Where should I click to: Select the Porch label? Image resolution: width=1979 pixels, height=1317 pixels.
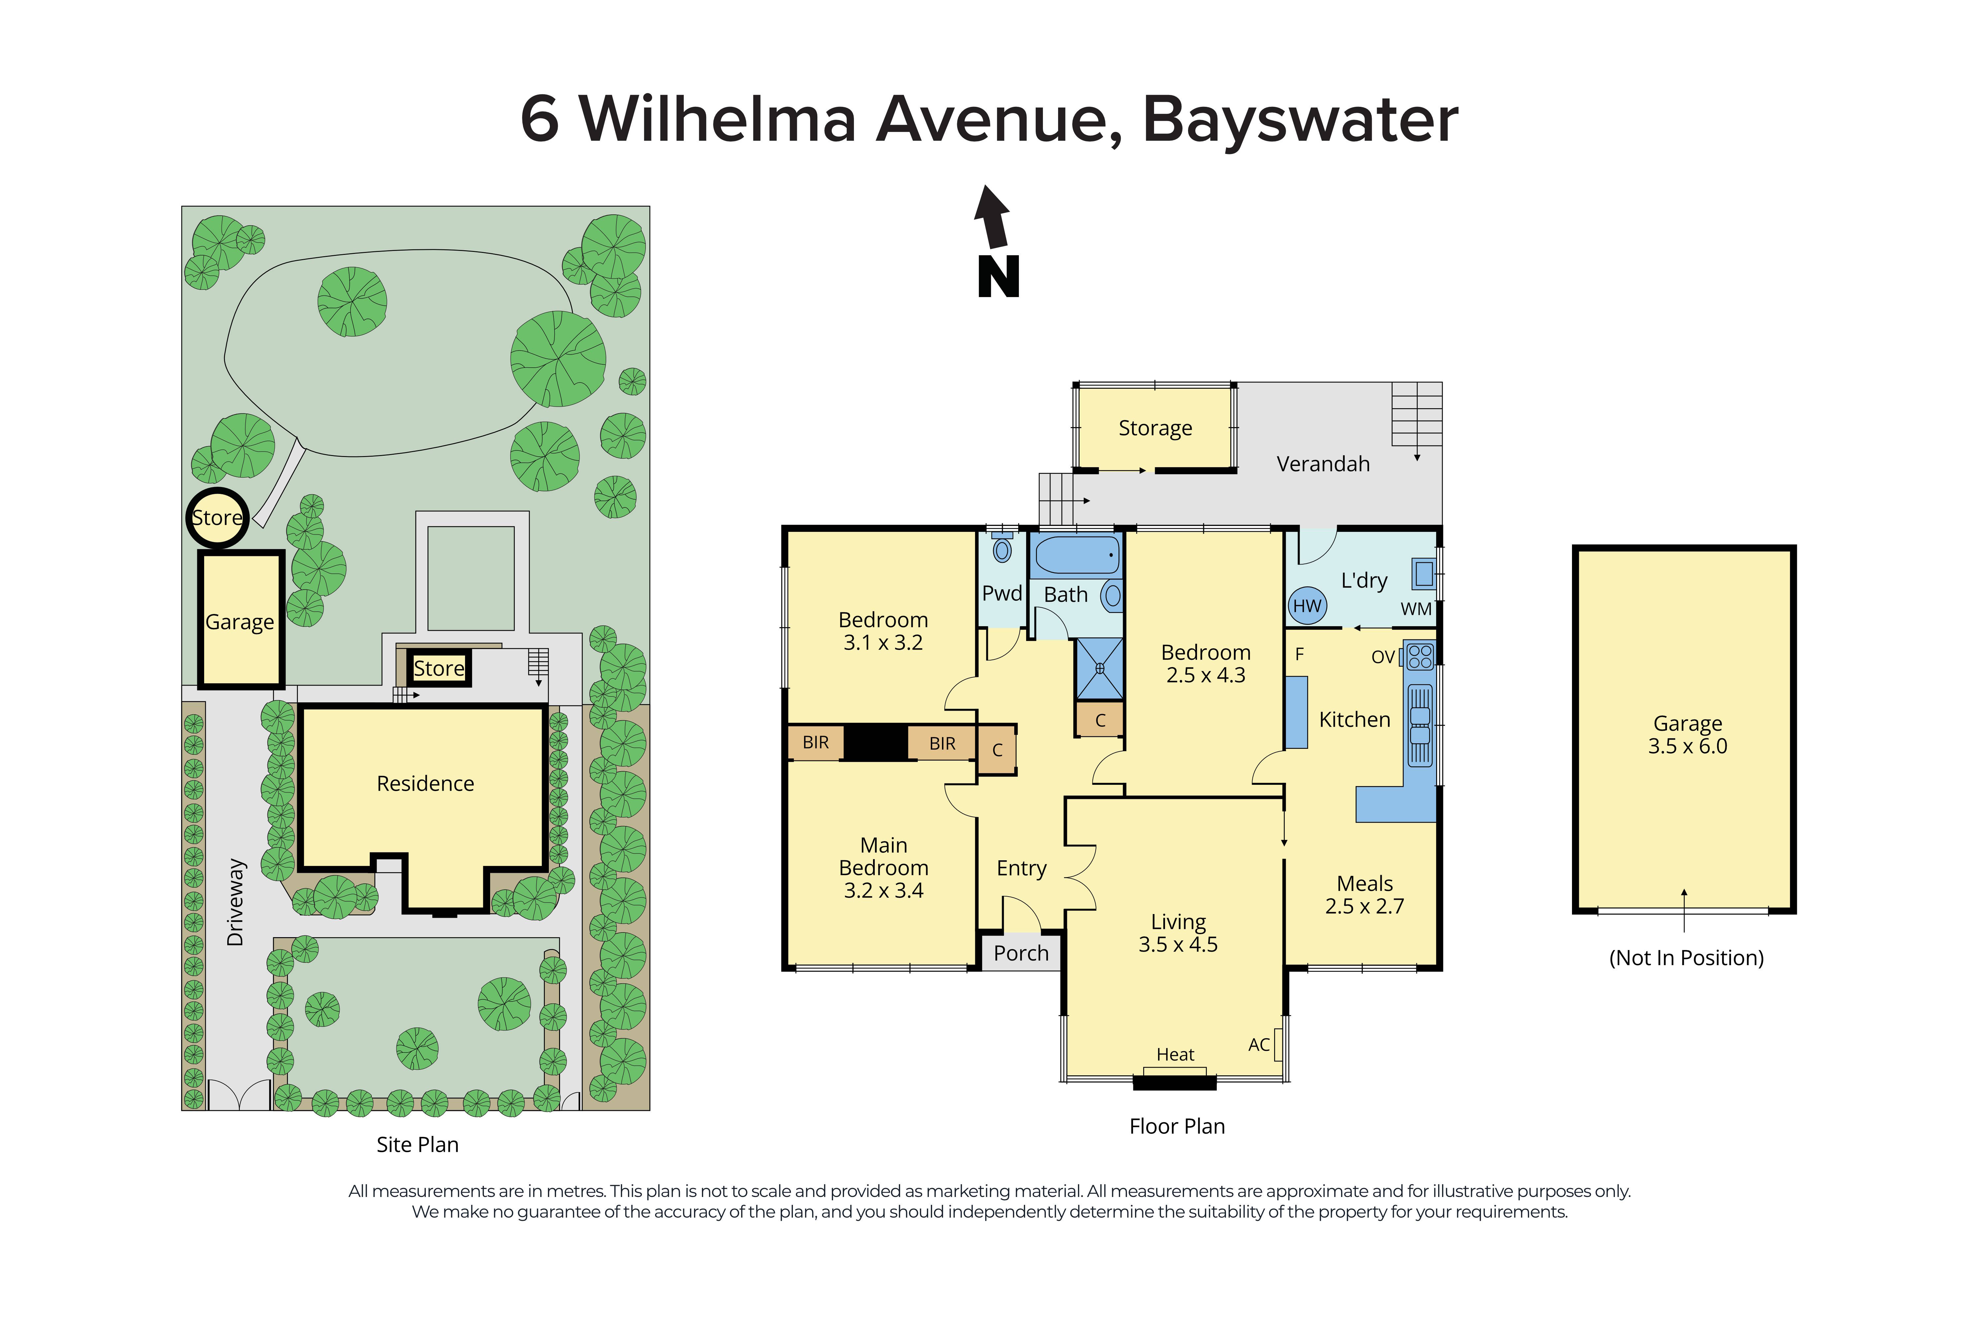[1021, 953]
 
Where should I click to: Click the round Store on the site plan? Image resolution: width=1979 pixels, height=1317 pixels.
[217, 517]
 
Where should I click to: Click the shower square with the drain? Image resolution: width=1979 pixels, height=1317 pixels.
[1100, 669]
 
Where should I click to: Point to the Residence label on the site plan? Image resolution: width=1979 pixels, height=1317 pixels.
[425, 784]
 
